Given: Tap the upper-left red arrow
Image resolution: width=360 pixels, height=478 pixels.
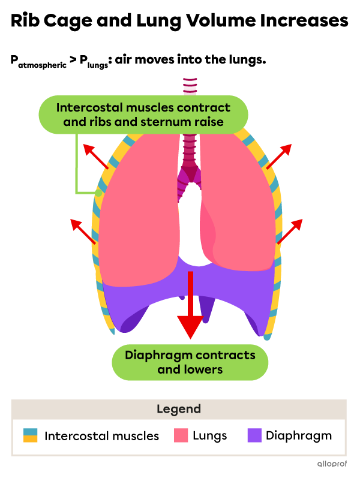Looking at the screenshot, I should point(96,156).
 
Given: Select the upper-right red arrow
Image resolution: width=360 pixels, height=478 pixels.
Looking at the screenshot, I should point(279,156).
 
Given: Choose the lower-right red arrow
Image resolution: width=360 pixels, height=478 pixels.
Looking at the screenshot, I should point(290,231).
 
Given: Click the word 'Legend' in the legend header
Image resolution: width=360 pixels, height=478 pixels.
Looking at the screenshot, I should point(179,410).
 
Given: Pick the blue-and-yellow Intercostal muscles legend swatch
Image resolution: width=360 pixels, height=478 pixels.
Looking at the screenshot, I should point(31,435).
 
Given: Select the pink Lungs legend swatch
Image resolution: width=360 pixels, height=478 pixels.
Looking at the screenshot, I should point(181,435).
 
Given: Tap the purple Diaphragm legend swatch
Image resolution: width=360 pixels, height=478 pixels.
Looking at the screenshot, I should point(254,435).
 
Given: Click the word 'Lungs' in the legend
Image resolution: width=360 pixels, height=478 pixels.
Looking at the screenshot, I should point(210,436).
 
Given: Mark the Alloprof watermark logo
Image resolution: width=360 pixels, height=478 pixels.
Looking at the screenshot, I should point(332,464).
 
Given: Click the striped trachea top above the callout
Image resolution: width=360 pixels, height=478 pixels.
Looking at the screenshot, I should point(190,85).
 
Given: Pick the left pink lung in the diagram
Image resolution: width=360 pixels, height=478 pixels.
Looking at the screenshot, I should point(138,210).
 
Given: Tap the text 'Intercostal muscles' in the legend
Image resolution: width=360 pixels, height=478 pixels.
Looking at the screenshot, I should point(101,436).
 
